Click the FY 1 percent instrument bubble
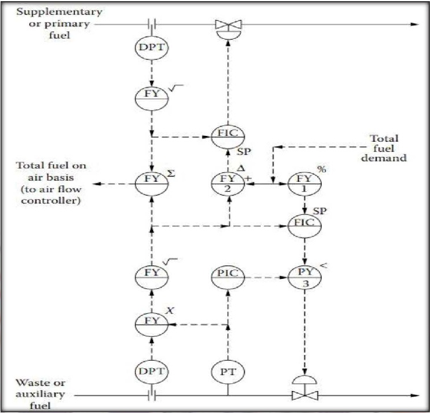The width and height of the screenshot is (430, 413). (x=304, y=184)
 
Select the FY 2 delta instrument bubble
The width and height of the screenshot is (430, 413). (x=228, y=184)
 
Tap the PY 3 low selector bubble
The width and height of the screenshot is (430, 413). (x=304, y=277)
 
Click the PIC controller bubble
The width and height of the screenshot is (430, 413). (x=228, y=277)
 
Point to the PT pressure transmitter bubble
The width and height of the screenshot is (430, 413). (x=228, y=371)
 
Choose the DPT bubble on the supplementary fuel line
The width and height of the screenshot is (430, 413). (x=152, y=48)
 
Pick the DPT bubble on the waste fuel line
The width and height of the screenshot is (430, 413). (x=152, y=371)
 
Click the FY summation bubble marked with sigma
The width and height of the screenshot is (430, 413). (x=152, y=184)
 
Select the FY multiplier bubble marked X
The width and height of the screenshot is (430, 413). (x=152, y=325)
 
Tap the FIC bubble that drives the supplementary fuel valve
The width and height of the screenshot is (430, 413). (x=228, y=137)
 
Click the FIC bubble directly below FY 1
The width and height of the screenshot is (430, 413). (x=304, y=226)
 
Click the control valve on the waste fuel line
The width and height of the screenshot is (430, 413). (x=305, y=389)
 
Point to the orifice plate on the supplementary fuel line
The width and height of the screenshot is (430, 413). (x=152, y=24)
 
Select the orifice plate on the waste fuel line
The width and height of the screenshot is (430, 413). (x=152, y=396)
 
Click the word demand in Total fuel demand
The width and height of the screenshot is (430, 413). (x=383, y=158)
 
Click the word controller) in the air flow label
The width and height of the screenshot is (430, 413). (x=51, y=200)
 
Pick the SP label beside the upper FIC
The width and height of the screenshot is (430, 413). (x=244, y=152)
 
